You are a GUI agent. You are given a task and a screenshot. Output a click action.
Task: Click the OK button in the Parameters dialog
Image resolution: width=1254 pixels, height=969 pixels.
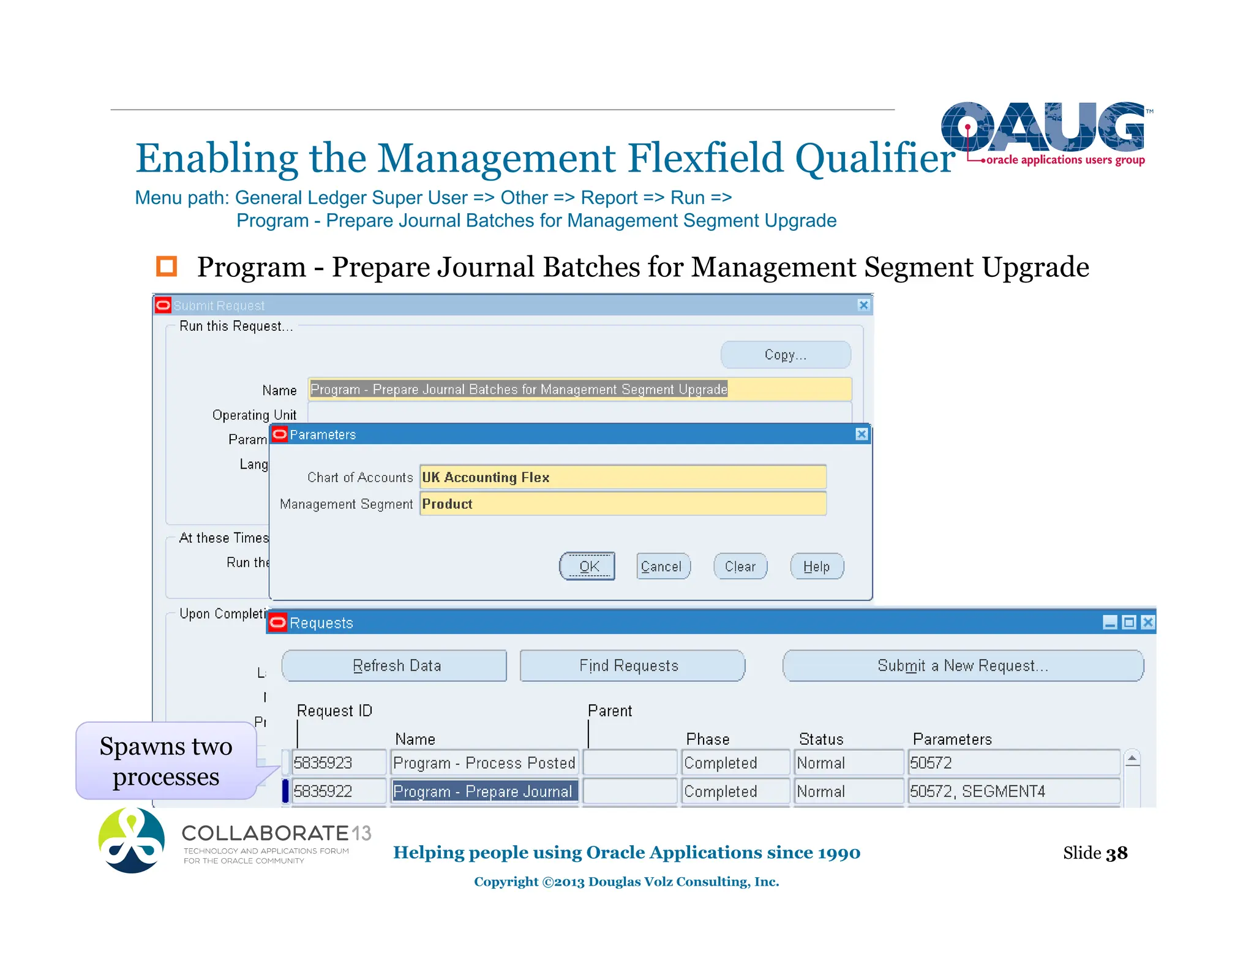click(587, 567)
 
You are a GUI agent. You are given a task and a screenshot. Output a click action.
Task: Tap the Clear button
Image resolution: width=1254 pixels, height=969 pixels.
click(740, 567)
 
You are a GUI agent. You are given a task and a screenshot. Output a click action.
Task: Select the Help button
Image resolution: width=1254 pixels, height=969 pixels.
click(816, 567)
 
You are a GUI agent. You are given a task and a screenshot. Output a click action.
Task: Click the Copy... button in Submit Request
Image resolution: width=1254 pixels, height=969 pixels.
click(786, 355)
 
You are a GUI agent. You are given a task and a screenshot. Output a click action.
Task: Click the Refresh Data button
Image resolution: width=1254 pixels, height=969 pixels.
click(395, 666)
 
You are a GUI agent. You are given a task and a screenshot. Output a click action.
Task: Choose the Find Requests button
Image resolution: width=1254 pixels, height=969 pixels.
click(631, 666)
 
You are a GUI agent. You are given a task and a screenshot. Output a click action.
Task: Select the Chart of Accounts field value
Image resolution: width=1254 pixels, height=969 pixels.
click(623, 477)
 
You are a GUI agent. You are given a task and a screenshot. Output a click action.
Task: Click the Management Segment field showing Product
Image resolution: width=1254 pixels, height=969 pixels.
click(623, 504)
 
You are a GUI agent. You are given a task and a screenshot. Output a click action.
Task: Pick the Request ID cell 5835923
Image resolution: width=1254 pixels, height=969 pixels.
click(339, 763)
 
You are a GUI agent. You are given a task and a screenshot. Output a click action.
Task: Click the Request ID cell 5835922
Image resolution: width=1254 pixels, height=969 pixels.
click(339, 791)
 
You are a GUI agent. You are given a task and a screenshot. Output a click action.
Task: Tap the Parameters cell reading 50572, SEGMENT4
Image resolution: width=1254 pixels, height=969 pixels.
click(1013, 791)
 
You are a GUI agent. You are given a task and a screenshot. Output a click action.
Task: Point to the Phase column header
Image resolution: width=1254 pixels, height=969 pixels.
click(707, 739)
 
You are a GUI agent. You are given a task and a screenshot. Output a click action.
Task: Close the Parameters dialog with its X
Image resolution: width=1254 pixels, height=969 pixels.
click(862, 434)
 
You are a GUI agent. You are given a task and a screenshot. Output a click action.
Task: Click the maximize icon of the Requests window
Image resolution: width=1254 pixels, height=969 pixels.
click(1129, 623)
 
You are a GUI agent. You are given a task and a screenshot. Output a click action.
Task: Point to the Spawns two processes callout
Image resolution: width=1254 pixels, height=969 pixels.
click(166, 761)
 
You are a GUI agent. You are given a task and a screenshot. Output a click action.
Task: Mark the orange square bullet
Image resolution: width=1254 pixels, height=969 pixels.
click(167, 266)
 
